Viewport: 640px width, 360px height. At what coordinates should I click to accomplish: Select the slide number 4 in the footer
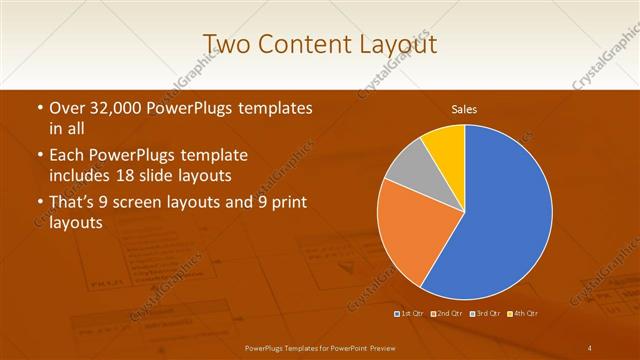(x=590, y=347)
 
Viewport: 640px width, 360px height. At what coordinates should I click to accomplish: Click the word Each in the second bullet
(x=69, y=155)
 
